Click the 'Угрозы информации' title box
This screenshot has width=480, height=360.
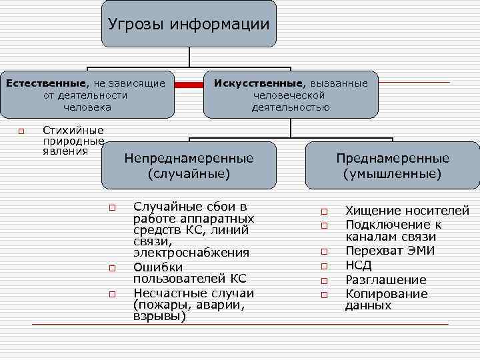[189, 25]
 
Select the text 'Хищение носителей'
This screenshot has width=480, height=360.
[407, 211]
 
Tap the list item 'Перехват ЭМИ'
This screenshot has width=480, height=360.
[389, 251]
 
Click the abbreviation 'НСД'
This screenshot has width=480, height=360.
[359, 265]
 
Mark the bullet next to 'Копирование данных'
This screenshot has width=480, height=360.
[324, 295]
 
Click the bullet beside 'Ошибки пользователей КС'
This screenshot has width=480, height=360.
[113, 269]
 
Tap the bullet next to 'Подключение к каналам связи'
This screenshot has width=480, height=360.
[324, 227]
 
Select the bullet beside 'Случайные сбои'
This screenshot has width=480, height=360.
[113, 207]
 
